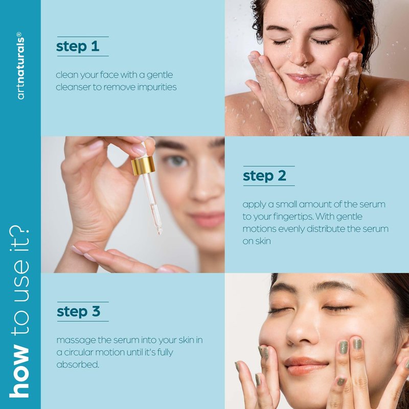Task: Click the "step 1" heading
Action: (x=78, y=47)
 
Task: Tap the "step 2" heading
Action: (x=264, y=176)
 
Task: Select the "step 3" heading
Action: (x=79, y=311)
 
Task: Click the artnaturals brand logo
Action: (x=20, y=66)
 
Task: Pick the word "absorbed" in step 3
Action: (x=78, y=365)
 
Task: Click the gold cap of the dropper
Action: (x=143, y=165)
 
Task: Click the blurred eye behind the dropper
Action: (x=176, y=161)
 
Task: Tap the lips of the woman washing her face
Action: (x=303, y=78)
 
